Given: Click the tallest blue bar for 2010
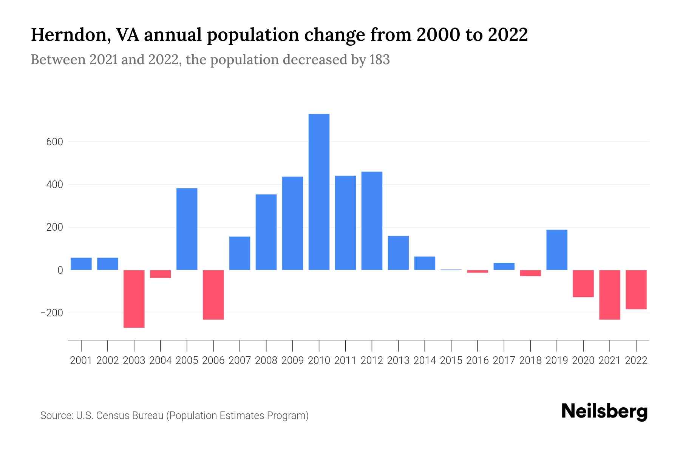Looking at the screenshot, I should pos(319,192).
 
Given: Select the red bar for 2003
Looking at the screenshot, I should pos(134,299).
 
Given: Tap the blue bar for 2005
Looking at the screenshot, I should pos(187,229).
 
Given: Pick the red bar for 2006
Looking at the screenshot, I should pos(213,295).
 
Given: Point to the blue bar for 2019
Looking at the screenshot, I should pos(557,250).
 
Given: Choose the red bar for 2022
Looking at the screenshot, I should pos(636,290).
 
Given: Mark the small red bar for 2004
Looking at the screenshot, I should pos(161,274).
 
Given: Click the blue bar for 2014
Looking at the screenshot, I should pos(425,263).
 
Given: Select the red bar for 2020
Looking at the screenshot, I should pos(583,284).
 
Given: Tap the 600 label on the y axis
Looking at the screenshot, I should pos(55,142).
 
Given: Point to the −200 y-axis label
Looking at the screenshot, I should pos(52,313).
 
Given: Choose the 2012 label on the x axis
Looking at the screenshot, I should pos(372,361).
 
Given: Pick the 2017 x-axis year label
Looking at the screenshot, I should pos(504,361).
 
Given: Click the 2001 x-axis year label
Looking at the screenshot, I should pos(81,361).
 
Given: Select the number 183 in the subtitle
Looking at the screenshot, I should pos(380,60).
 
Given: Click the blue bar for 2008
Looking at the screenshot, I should pos(266,232).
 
